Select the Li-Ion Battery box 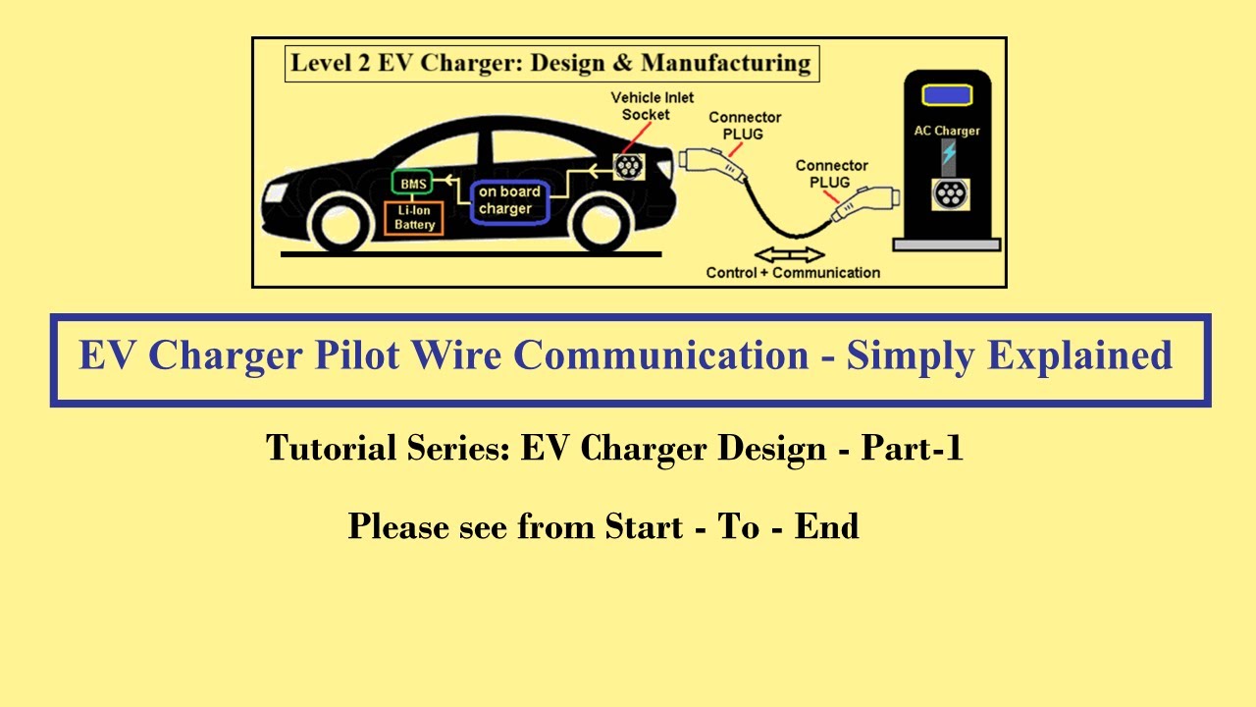click(x=414, y=218)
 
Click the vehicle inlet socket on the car click(x=628, y=166)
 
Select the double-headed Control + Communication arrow click(x=790, y=254)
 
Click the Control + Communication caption click(x=793, y=273)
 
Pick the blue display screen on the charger click(x=947, y=96)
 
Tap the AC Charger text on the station click(x=947, y=131)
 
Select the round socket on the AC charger click(x=948, y=194)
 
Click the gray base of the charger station click(x=946, y=245)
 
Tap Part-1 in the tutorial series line click(x=913, y=449)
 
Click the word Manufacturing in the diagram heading click(x=726, y=65)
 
